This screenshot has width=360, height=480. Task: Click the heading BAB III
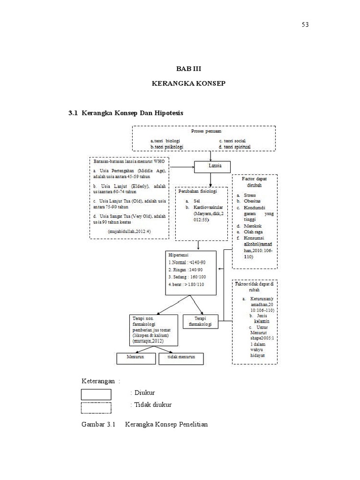[188, 69]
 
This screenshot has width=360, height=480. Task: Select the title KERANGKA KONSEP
[188, 83]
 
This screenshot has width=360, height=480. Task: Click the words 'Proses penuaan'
[203, 132]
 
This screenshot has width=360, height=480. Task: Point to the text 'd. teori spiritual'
[234, 147]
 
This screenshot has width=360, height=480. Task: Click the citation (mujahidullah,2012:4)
[126, 232]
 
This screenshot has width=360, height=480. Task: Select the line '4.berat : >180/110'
[186, 285]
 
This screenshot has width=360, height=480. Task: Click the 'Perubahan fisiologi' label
[198, 191]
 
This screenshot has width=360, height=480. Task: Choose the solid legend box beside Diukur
[96, 394]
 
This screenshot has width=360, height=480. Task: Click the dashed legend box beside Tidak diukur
[96, 407]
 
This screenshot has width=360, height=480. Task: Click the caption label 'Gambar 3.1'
[98, 425]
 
